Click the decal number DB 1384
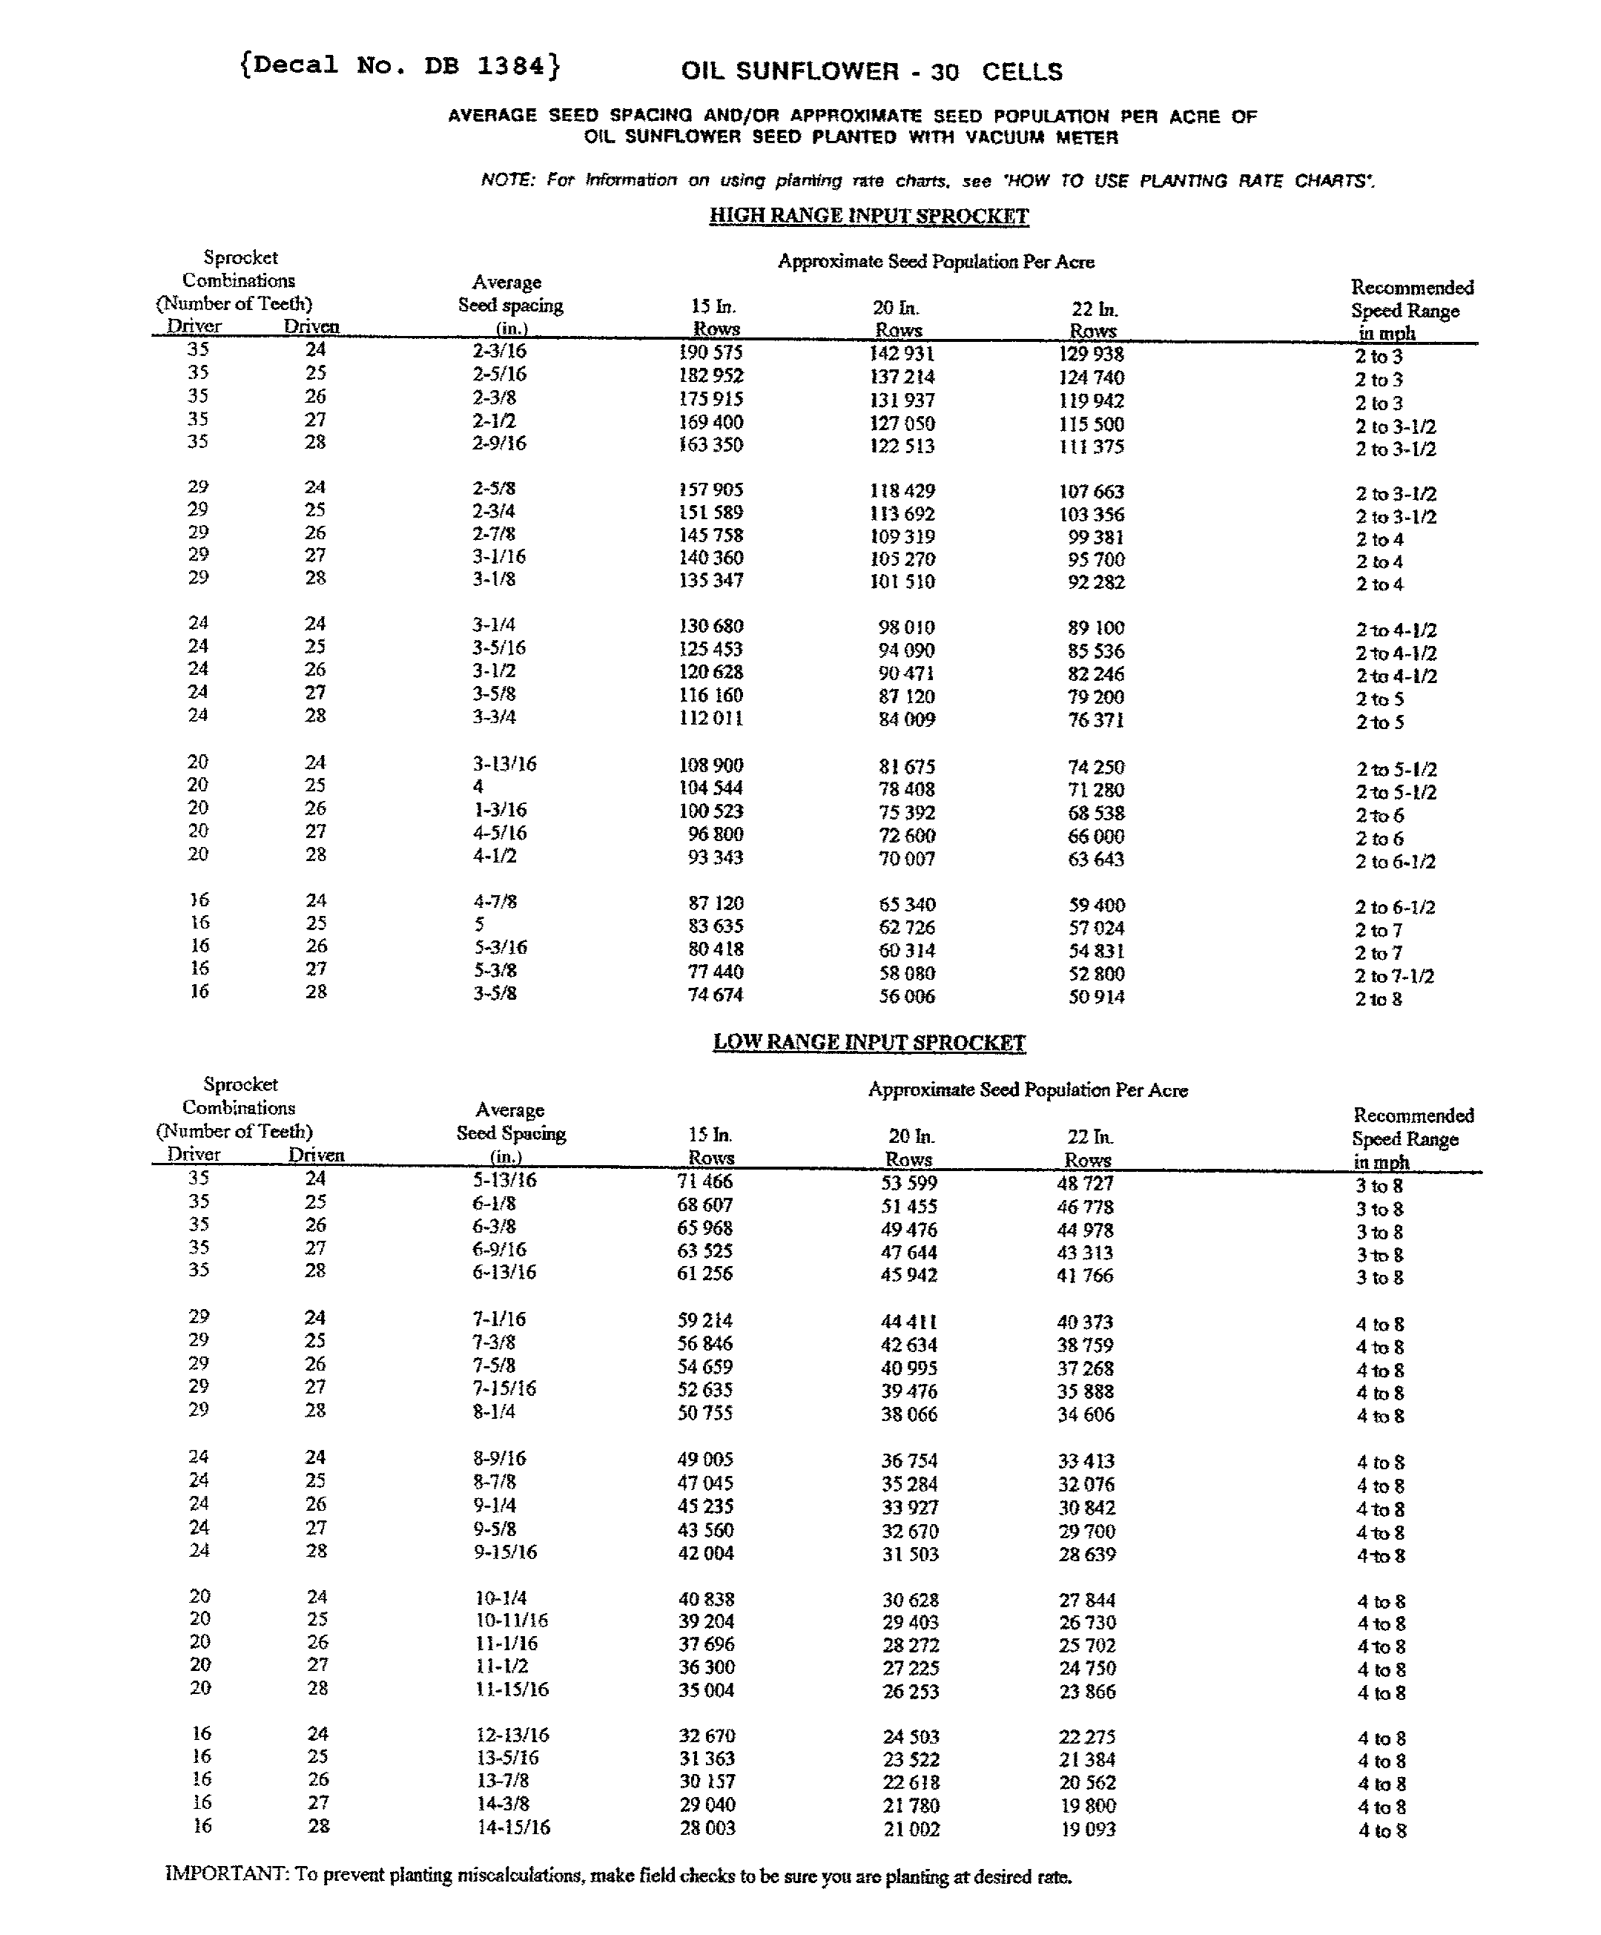click(399, 65)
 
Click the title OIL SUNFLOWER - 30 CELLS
click(871, 72)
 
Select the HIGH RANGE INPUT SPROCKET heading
click(868, 217)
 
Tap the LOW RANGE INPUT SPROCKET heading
click(868, 1043)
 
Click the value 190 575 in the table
click(710, 352)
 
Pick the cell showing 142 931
click(902, 353)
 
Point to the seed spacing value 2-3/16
click(499, 351)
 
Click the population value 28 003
click(707, 1828)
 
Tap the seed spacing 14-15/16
click(513, 1827)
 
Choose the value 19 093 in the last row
click(1088, 1829)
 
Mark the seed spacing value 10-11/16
click(511, 1620)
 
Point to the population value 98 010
click(906, 627)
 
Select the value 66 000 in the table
click(1096, 837)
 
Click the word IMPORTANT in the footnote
click(225, 1874)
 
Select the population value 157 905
click(710, 490)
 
